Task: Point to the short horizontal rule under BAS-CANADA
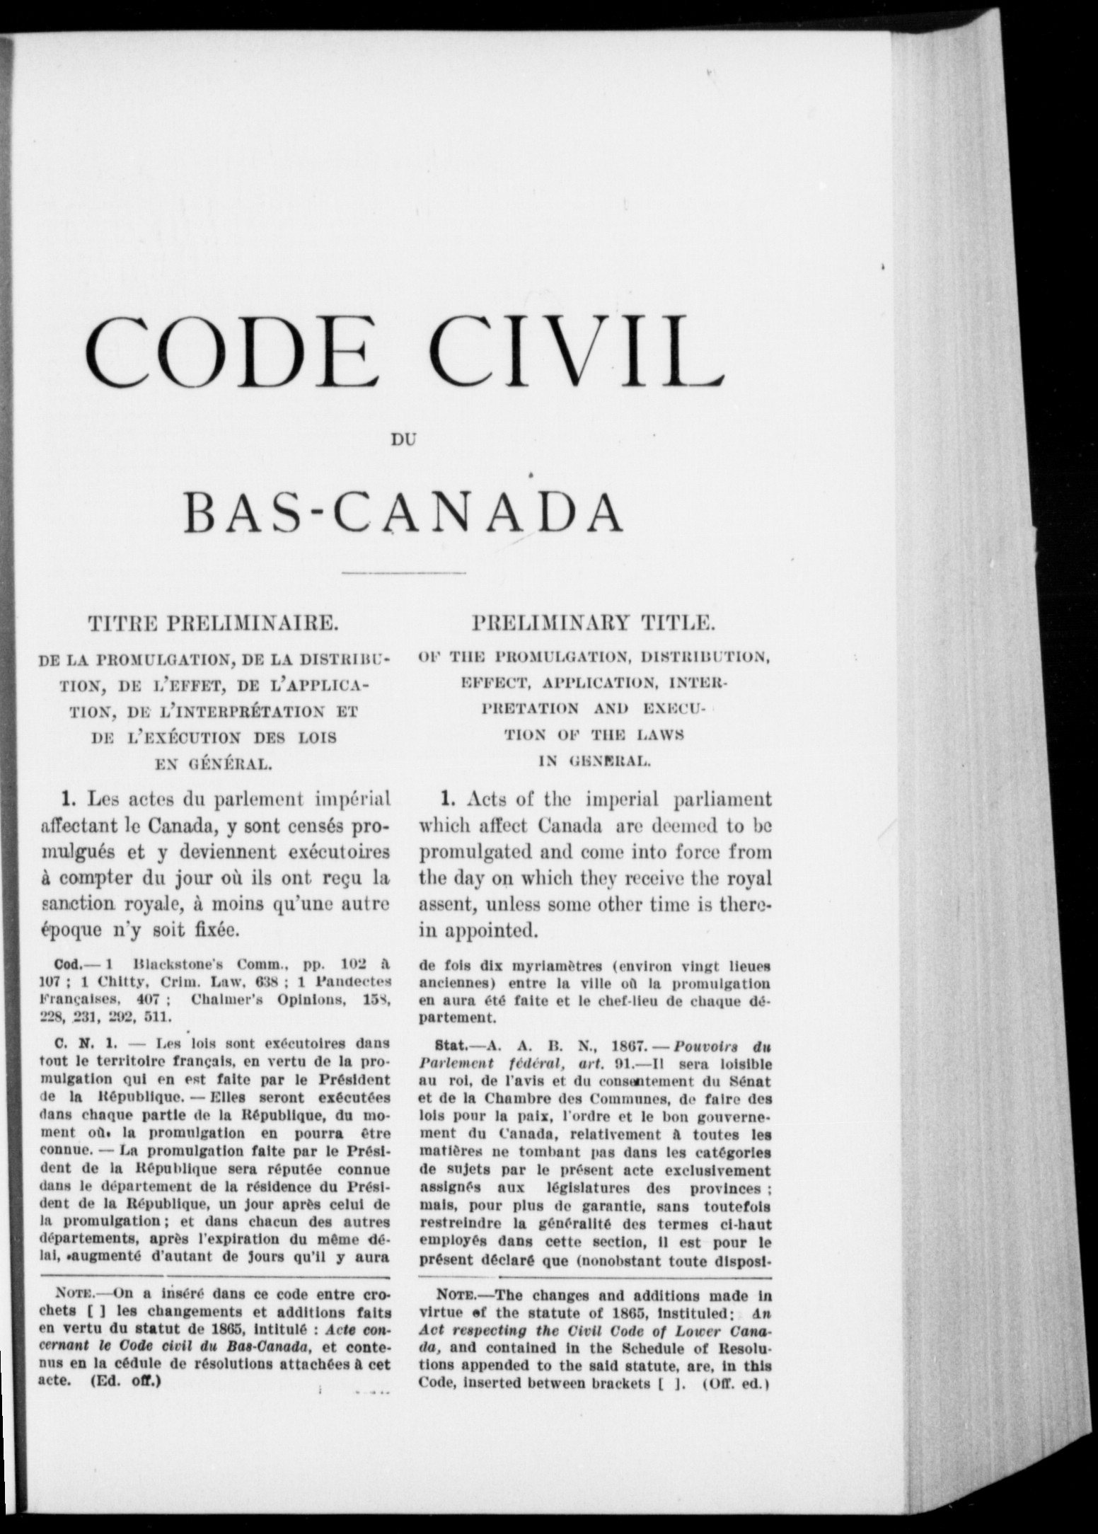click(403, 572)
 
